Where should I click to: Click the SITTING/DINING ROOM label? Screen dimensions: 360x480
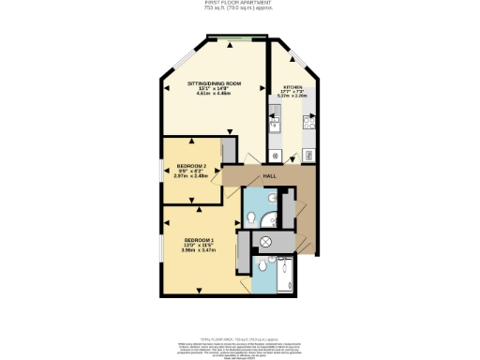click(213, 84)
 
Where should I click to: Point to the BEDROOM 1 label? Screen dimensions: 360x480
click(199, 241)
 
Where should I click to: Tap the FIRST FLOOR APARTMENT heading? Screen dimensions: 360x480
click(239, 3)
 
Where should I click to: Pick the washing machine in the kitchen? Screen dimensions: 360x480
click(275, 155)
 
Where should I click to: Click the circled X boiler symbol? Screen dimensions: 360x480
click(266, 242)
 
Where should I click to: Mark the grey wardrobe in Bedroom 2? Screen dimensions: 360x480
click(228, 152)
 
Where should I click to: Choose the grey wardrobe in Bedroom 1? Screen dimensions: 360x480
click(243, 250)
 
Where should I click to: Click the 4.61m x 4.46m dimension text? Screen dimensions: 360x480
click(213, 95)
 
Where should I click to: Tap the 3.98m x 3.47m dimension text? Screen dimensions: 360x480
click(199, 251)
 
